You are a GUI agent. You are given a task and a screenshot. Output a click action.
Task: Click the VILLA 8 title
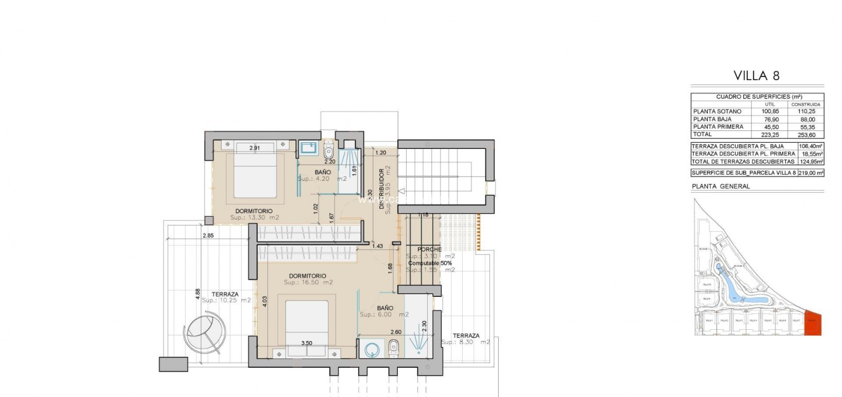pyautogui.click(x=756, y=76)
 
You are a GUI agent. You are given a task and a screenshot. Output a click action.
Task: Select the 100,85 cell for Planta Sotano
pyautogui.click(x=770, y=111)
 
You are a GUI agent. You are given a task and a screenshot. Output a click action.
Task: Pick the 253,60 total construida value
pyautogui.click(x=807, y=135)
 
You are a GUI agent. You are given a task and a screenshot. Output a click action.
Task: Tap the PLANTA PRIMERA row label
pyautogui.click(x=718, y=127)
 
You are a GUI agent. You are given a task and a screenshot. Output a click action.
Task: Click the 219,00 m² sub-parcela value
pyautogui.click(x=811, y=173)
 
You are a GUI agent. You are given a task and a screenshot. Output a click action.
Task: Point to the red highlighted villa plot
pyautogui.click(x=813, y=323)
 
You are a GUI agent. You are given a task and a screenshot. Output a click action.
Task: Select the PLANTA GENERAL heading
pyautogui.click(x=721, y=186)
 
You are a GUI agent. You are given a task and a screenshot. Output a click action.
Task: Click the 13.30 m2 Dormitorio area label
pyautogui.click(x=254, y=218)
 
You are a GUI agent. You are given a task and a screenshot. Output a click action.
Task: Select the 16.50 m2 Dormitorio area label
pyautogui.click(x=308, y=282)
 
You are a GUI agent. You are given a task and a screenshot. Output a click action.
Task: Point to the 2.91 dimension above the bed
pyautogui.click(x=254, y=148)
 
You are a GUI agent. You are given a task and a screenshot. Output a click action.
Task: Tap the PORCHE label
pyautogui.click(x=429, y=250)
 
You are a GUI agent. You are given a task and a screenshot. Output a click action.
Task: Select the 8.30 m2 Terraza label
pyautogui.click(x=465, y=342)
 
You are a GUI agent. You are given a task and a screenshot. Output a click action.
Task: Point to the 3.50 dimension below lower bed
pyautogui.click(x=306, y=343)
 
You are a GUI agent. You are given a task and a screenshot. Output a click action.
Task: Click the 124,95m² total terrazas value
pyautogui.click(x=811, y=161)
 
